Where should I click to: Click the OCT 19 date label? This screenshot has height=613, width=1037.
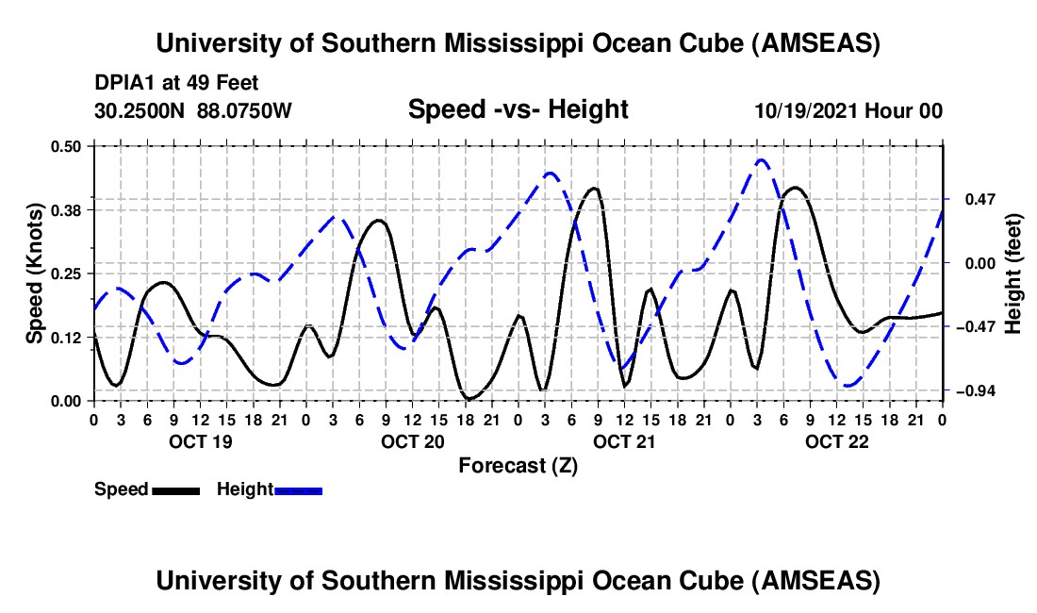(x=199, y=441)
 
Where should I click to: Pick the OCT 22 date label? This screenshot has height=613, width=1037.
(x=836, y=441)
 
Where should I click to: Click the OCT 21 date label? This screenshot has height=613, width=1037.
(x=624, y=441)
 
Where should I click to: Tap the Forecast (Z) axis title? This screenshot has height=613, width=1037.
(x=518, y=465)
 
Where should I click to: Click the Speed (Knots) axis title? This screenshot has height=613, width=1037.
(x=34, y=273)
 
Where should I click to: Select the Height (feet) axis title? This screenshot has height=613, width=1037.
(x=1013, y=273)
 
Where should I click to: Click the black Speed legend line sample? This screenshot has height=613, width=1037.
(x=175, y=490)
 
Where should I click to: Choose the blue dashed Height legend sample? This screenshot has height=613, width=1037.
(x=298, y=490)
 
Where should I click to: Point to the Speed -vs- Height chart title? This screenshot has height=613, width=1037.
(x=518, y=109)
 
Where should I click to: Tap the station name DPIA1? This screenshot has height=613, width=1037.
(x=124, y=83)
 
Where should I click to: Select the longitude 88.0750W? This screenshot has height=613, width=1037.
(x=245, y=110)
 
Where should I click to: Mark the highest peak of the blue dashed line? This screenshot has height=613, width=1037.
(x=762, y=160)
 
